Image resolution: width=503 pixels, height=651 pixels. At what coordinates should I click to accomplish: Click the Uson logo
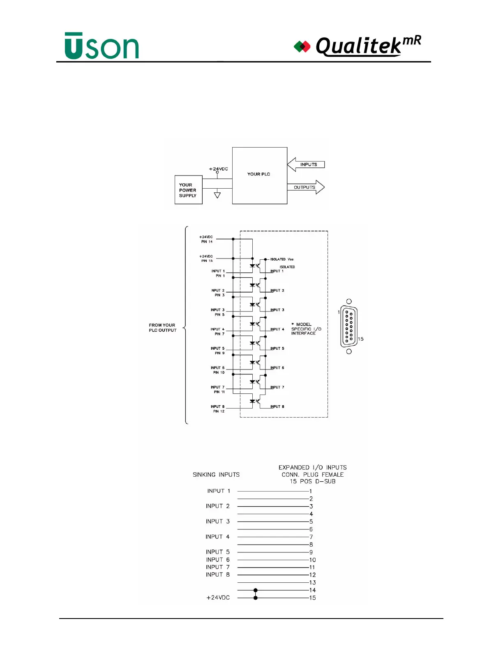pyautogui.click(x=102, y=46)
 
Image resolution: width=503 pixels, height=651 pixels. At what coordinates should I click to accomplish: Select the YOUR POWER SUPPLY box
pyautogui.click(x=188, y=190)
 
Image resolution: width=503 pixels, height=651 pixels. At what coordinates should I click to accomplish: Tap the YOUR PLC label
pyautogui.click(x=259, y=174)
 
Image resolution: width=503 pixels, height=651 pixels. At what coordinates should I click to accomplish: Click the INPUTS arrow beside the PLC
pyautogui.click(x=306, y=164)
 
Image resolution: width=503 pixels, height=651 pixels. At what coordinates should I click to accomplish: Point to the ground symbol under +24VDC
pyautogui.click(x=217, y=195)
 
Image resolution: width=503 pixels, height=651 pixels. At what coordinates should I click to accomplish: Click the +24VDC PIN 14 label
pyautogui.click(x=206, y=239)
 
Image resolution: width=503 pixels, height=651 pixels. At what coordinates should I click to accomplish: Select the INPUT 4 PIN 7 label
pyautogui.click(x=218, y=331)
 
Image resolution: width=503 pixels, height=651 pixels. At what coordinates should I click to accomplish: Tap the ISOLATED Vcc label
pyautogui.click(x=282, y=259)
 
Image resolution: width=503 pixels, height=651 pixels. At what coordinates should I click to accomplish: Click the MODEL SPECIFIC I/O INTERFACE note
pyautogui.click(x=306, y=329)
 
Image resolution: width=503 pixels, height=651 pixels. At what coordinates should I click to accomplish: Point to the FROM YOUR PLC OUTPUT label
pyautogui.click(x=162, y=328)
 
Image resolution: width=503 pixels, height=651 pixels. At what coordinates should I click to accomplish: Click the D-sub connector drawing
pyautogui.click(x=349, y=326)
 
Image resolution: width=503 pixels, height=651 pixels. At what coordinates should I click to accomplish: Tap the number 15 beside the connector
pyautogui.click(x=360, y=339)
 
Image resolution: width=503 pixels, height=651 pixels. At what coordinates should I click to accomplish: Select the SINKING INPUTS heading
pyautogui.click(x=216, y=475)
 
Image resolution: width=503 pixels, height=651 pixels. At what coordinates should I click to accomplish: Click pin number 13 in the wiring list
pyautogui.click(x=312, y=582)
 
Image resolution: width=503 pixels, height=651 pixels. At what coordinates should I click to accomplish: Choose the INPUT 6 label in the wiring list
pyautogui.click(x=218, y=560)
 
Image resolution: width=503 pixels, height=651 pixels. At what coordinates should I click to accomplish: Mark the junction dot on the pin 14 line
pyautogui.click(x=256, y=590)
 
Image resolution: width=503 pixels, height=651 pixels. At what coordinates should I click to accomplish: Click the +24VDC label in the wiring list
pyautogui.click(x=218, y=598)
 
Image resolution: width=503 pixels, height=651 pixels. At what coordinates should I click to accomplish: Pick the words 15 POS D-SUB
pyautogui.click(x=312, y=481)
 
